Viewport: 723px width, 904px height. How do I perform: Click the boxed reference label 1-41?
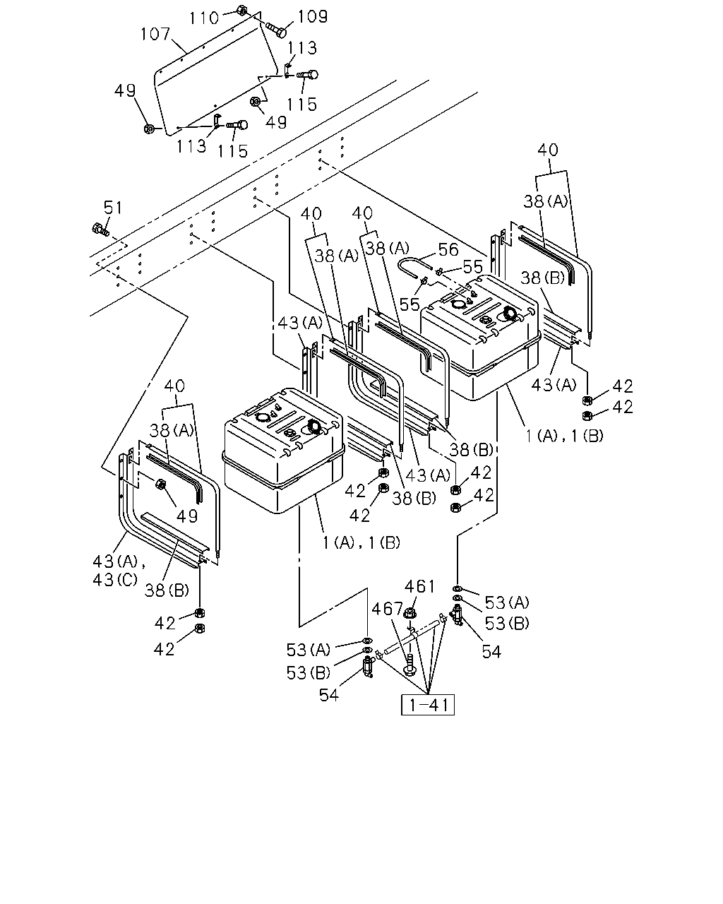428,704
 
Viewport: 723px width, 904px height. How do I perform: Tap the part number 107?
155,34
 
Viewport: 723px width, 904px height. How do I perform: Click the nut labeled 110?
241,10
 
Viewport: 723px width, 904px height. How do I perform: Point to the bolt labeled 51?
100,230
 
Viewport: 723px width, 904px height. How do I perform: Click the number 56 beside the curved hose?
448,249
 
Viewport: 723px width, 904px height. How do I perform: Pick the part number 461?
419,586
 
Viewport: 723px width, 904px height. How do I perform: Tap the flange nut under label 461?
410,614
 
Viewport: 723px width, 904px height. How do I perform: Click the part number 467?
387,609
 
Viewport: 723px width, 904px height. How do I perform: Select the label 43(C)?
115,580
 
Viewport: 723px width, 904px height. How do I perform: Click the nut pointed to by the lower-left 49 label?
160,484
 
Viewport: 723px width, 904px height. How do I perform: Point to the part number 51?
112,208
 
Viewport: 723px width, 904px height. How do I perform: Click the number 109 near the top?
313,16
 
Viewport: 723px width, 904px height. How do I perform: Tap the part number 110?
204,18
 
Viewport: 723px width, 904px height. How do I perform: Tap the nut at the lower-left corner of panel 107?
148,129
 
